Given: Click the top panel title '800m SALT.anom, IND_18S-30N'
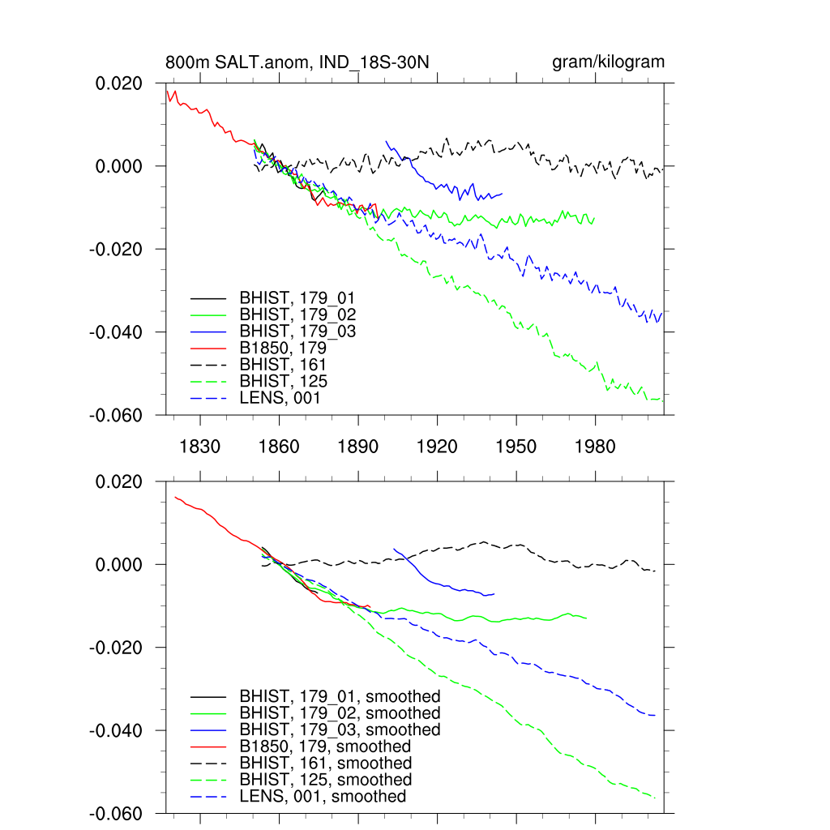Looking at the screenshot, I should (302, 62).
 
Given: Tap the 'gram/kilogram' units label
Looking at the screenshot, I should (608, 62).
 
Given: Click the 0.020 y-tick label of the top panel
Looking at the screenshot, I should (120, 83).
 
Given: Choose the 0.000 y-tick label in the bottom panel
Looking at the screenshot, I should (120, 565).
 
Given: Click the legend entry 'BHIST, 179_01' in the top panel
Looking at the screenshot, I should (297, 297).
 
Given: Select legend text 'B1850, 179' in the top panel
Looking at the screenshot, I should (288, 349).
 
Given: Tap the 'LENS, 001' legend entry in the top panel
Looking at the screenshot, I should (280, 398).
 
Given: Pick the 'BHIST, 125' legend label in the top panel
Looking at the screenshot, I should (284, 381).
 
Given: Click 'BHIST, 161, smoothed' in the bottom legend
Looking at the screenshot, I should (326, 764).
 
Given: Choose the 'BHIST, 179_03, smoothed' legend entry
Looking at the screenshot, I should (340, 729).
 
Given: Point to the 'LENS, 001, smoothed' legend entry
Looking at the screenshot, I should (323, 797).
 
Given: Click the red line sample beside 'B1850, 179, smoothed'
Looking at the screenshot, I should (208, 747).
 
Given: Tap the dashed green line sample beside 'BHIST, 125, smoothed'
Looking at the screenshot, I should (208, 780).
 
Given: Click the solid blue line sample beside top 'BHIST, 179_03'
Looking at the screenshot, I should (208, 332).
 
